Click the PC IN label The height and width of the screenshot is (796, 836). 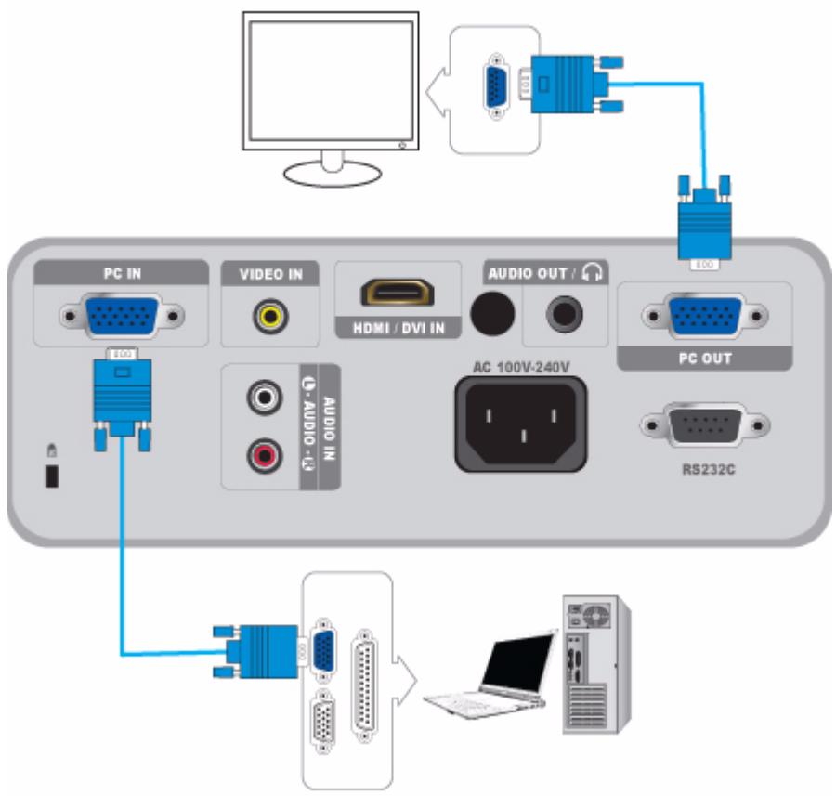[121, 273]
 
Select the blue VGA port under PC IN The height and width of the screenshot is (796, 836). [121, 316]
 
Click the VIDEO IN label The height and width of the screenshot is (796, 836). [270, 274]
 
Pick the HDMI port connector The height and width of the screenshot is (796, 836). [398, 292]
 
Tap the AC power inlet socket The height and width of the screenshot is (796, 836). [520, 423]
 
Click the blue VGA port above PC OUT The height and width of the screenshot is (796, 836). [704, 316]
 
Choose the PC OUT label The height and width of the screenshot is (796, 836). [704, 358]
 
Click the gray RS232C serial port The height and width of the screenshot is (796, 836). [704, 426]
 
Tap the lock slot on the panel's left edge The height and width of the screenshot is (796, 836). [53, 476]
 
